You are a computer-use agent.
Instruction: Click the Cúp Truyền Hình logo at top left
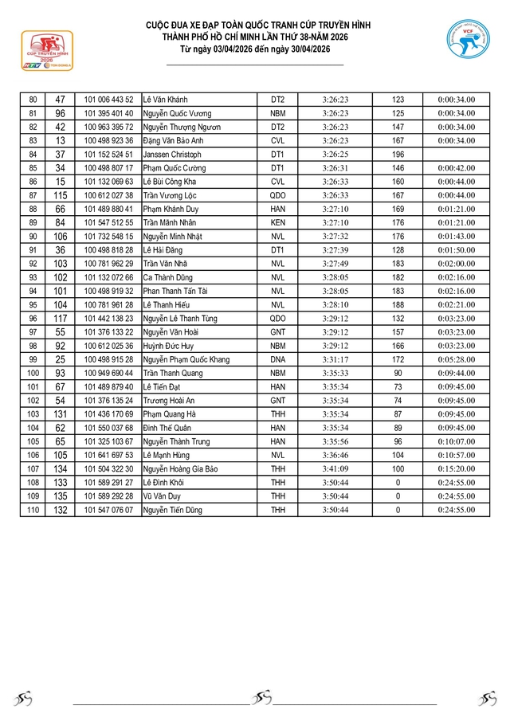coord(47,50)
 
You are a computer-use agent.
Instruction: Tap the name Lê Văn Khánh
coord(166,100)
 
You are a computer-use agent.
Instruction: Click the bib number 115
coord(60,195)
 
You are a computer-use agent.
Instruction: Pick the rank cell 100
coord(33,373)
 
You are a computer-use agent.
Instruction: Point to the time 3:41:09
coord(335,468)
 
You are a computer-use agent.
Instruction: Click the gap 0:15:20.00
coord(456,468)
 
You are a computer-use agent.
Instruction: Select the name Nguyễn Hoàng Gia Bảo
coord(181,468)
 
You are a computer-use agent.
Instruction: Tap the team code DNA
coord(277,359)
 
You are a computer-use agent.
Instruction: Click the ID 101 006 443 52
coord(109,100)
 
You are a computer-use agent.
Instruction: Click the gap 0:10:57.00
coord(456,455)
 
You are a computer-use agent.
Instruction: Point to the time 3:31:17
coord(335,359)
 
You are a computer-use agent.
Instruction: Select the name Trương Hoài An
coord(168,400)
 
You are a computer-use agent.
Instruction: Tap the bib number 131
coord(60,413)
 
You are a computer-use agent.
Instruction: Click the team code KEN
coord(277,222)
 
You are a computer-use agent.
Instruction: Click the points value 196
coord(398,154)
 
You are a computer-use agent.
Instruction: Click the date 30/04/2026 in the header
coord(304,49)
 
